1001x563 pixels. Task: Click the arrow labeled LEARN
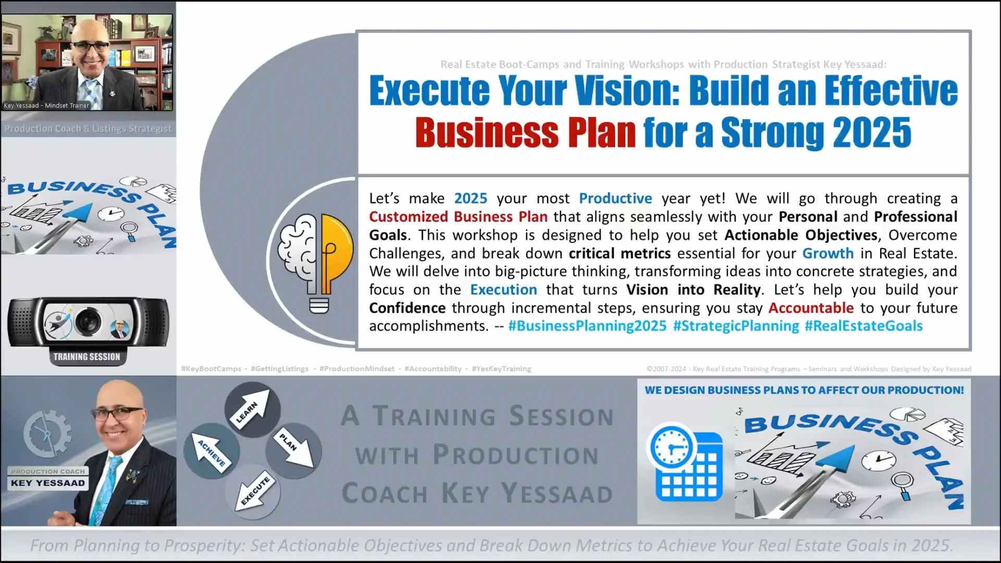click(252, 410)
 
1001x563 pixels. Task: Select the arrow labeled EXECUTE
click(254, 491)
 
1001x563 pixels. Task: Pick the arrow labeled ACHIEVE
click(211, 451)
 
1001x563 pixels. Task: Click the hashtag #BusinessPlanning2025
click(587, 326)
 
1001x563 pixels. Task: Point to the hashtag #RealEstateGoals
click(863, 326)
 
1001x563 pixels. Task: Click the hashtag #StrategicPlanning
click(736, 326)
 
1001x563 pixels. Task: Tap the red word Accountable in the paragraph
click(811, 308)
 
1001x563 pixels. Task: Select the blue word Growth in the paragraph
click(827, 253)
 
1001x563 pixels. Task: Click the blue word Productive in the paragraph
click(615, 199)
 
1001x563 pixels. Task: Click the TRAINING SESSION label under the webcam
click(87, 357)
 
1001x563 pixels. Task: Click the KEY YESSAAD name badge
click(48, 483)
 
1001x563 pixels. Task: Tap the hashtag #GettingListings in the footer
click(279, 369)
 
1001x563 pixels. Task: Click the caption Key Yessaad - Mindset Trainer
click(46, 106)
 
